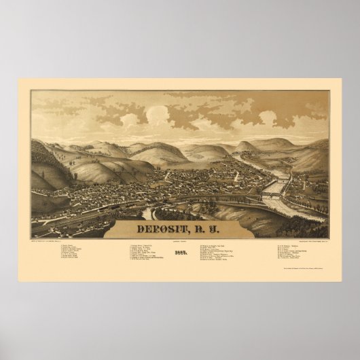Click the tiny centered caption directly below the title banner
click(181, 236)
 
